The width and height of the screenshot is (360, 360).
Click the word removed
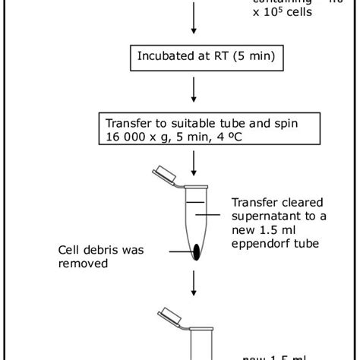coord(81,264)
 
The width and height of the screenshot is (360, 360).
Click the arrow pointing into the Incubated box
coord(195,19)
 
